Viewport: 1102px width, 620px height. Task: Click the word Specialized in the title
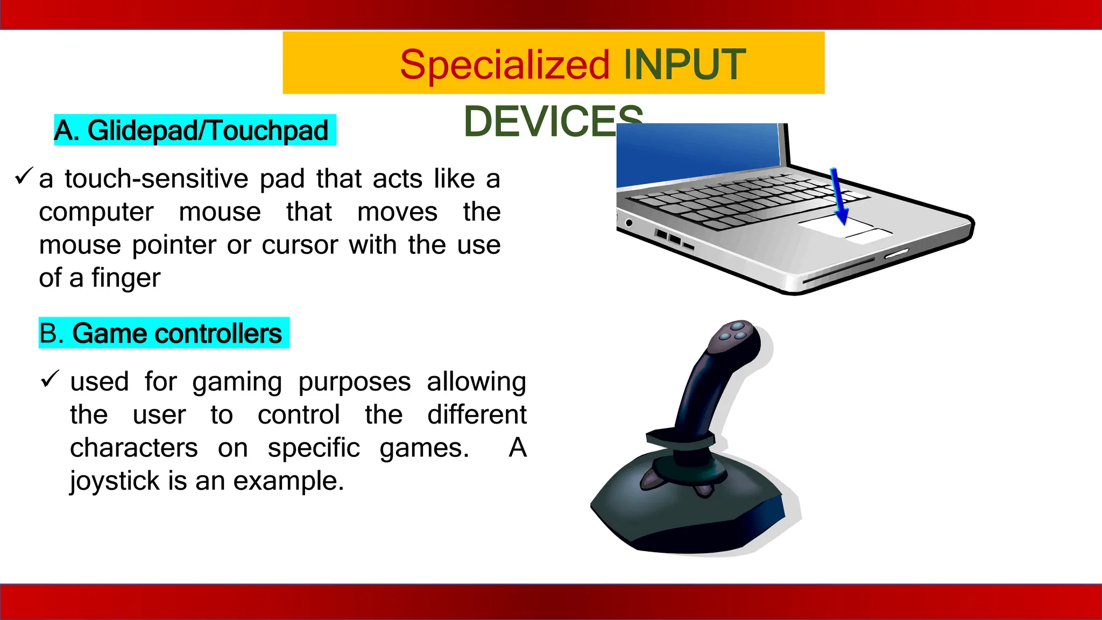point(505,65)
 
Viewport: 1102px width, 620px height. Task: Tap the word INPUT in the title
point(684,65)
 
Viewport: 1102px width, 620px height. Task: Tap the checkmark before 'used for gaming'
point(50,379)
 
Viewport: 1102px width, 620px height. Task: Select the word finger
point(126,278)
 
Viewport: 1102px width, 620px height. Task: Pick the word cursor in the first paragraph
point(300,245)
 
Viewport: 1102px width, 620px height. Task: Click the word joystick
point(115,481)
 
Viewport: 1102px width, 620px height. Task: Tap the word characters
point(134,448)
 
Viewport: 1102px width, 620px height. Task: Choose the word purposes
point(355,382)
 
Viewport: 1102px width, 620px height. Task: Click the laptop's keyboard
point(748,202)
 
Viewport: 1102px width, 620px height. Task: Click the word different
point(477,415)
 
